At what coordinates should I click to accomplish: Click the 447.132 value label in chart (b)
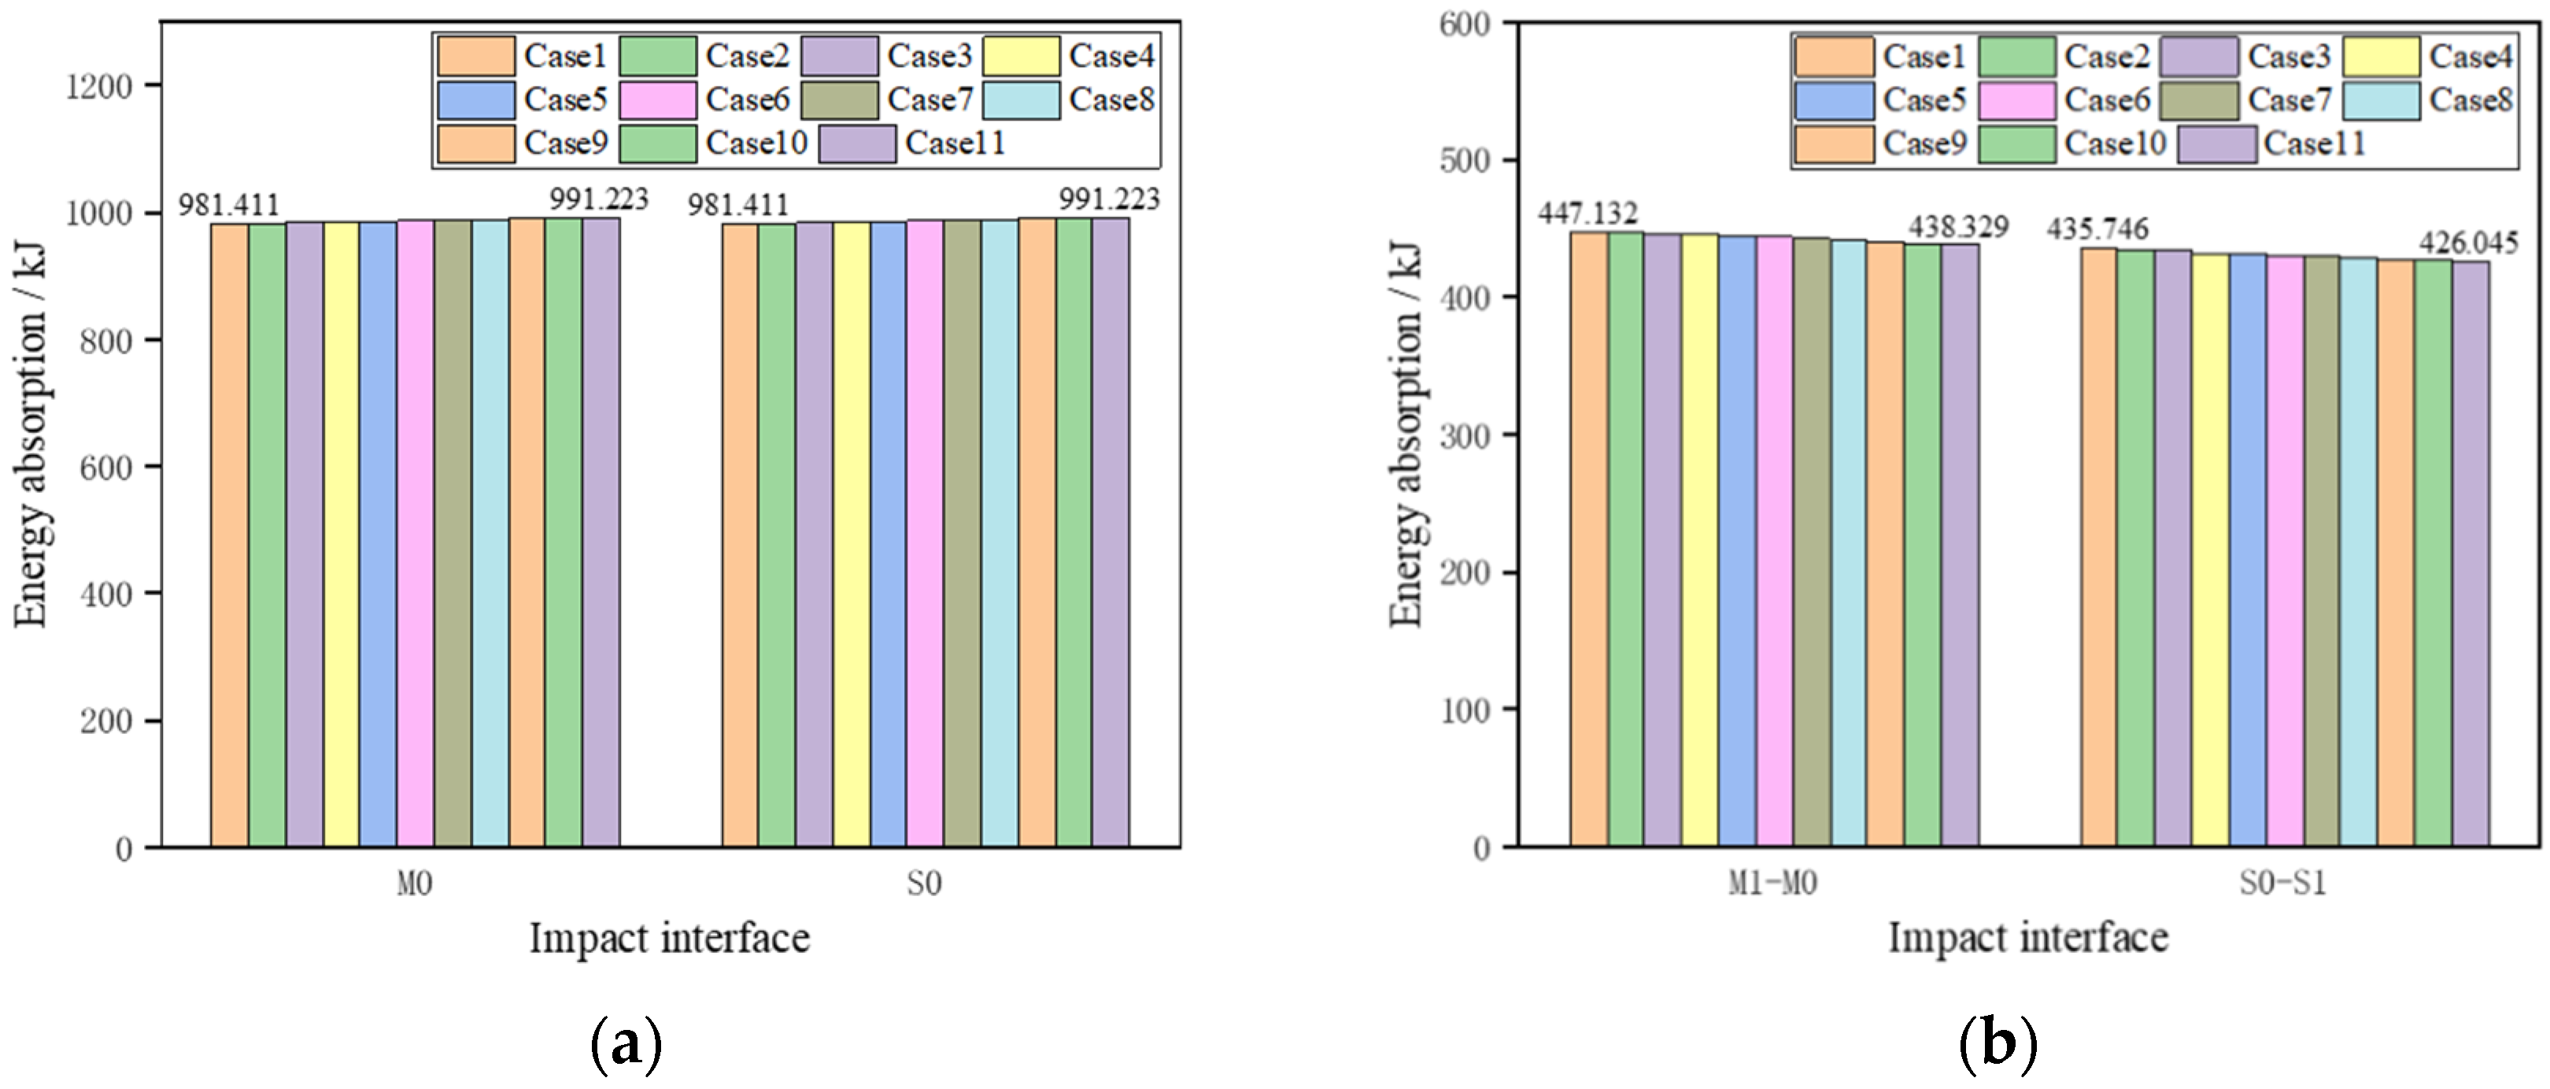point(1587,213)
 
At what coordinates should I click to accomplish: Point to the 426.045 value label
point(2469,243)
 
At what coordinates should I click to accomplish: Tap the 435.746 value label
point(2097,230)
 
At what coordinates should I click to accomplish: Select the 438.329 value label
point(1959,227)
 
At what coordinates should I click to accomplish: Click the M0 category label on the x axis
point(415,883)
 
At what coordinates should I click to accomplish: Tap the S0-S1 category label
point(2282,883)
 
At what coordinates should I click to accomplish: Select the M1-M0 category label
point(1773,883)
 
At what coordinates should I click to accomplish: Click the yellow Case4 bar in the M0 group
point(342,535)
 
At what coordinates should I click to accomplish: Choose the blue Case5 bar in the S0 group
point(888,535)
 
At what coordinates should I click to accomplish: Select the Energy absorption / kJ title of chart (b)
point(1406,435)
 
